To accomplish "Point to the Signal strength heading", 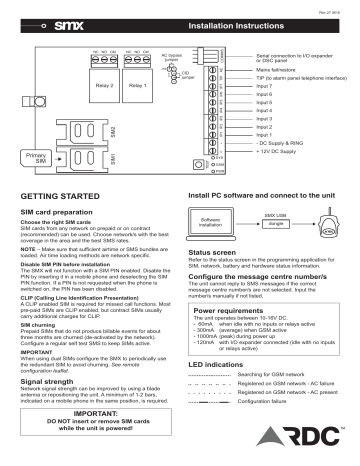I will (x=51, y=353).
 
